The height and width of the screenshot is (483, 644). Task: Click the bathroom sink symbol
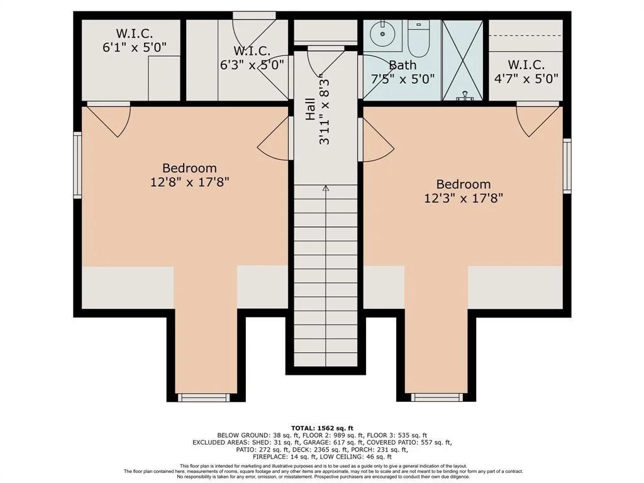pyautogui.click(x=382, y=34)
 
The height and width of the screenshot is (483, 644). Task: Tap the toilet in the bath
pyautogui.click(x=418, y=38)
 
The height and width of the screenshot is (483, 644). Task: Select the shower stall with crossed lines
pyautogui.click(x=462, y=60)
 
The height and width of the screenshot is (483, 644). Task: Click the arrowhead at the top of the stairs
pyautogui.click(x=326, y=189)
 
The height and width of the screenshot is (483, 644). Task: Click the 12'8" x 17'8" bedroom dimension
pyautogui.click(x=189, y=182)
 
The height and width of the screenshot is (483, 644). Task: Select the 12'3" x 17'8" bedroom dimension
pyautogui.click(x=464, y=198)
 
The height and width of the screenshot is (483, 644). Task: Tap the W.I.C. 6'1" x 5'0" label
pyautogui.click(x=135, y=40)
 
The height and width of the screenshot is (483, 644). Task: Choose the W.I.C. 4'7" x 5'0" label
pyautogui.click(x=526, y=72)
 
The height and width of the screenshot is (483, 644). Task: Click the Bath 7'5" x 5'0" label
pyautogui.click(x=402, y=72)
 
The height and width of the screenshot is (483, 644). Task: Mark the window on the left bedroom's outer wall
pyautogui.click(x=77, y=165)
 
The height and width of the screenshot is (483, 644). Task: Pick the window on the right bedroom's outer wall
pyautogui.click(x=567, y=165)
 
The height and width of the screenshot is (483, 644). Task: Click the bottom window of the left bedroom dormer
pyautogui.click(x=204, y=397)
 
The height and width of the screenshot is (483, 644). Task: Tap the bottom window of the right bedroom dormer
pyautogui.click(x=436, y=397)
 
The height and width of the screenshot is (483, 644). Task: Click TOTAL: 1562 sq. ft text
pyautogui.click(x=322, y=428)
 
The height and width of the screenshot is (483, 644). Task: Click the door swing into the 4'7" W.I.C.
pyautogui.click(x=538, y=119)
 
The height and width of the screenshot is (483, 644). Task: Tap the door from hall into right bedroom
pyautogui.click(x=376, y=140)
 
